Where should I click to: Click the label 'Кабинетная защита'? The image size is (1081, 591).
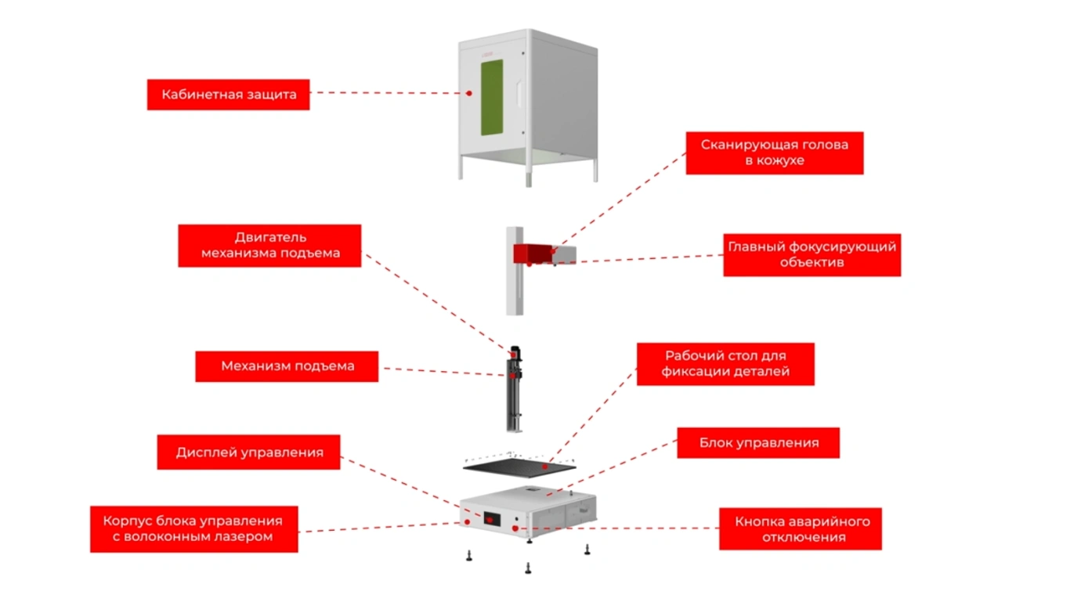228,95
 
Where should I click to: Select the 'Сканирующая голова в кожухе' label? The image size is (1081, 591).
774,153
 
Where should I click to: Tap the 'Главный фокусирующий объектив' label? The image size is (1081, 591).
812,254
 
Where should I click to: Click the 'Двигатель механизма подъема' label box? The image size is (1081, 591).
269,245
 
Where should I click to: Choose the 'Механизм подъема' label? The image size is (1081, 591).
287,366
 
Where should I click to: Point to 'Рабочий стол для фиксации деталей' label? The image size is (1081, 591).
725,363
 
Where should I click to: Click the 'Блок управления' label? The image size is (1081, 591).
758,443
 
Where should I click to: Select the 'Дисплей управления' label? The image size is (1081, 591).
248,452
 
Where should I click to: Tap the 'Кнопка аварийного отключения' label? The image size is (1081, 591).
801,528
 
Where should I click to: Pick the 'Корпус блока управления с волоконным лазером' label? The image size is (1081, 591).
193,528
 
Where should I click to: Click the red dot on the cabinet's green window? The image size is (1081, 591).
469,93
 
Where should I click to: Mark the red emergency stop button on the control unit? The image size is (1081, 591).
515,528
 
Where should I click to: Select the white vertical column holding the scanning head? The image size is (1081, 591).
514,290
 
